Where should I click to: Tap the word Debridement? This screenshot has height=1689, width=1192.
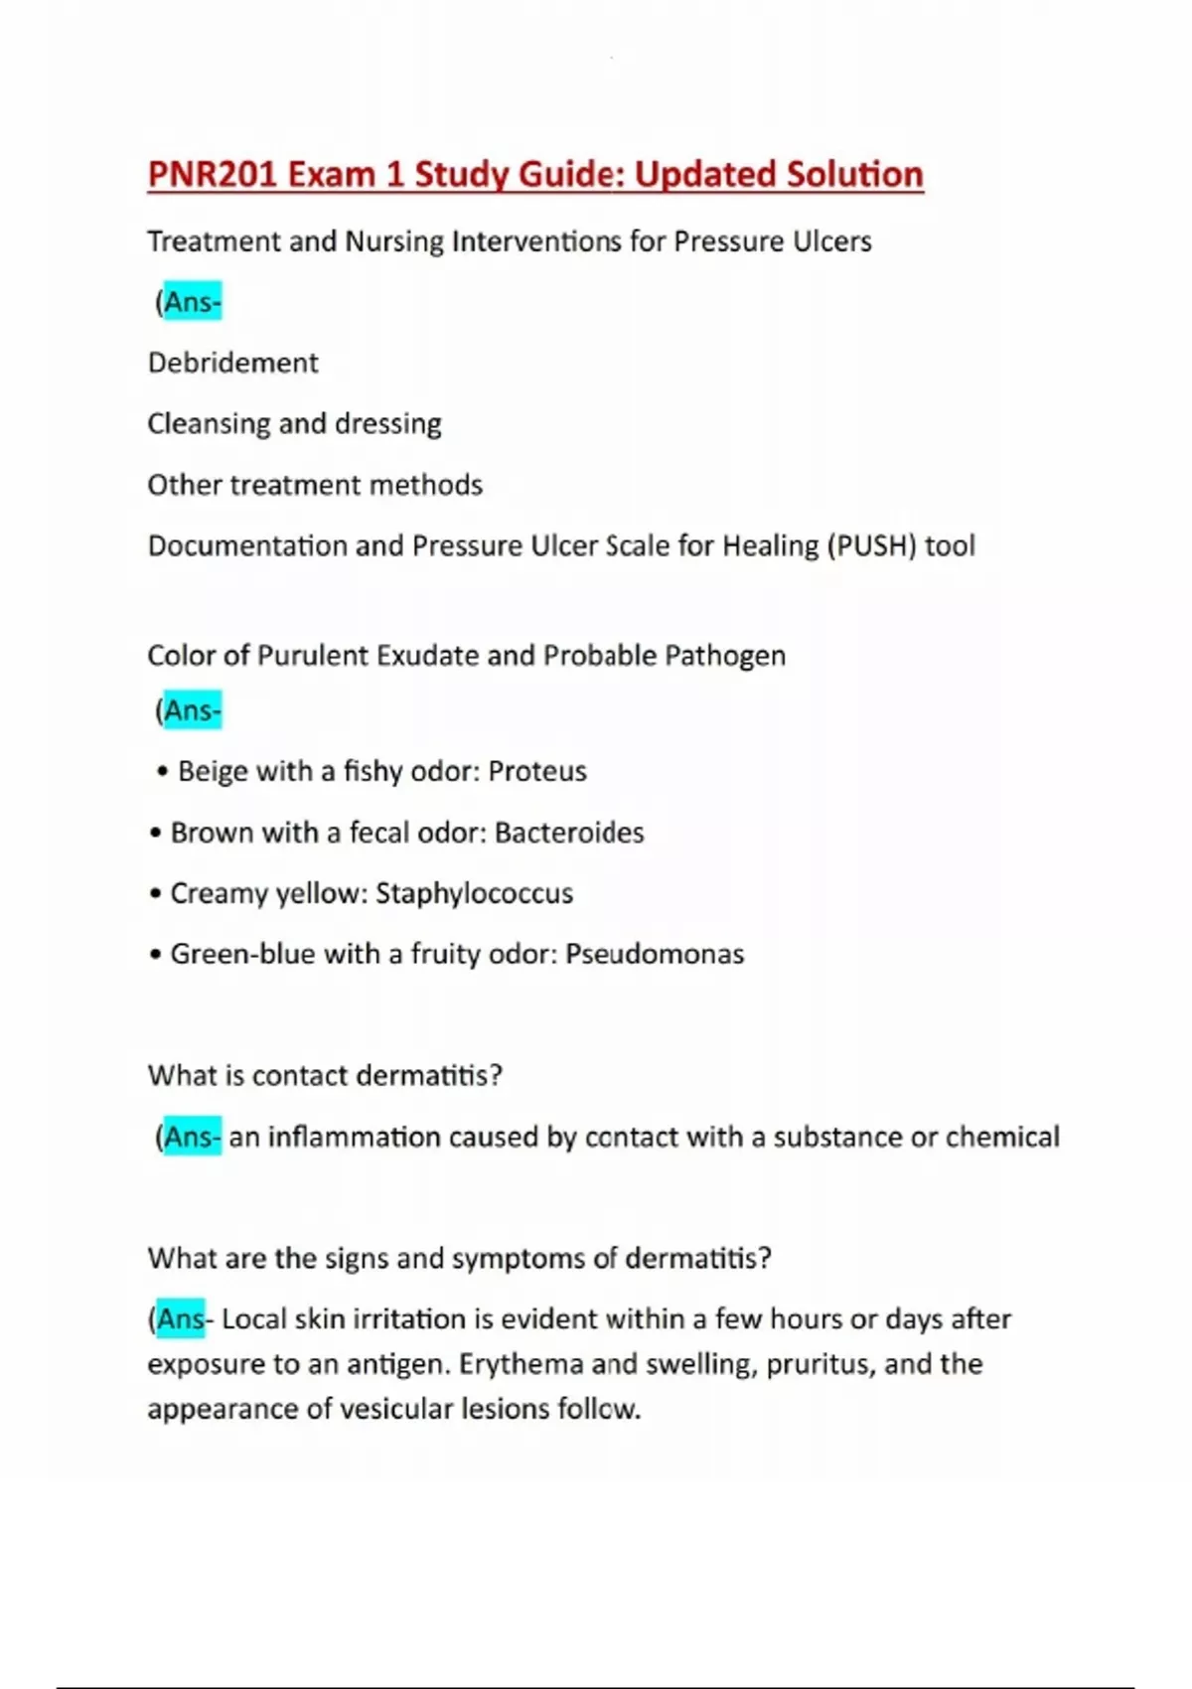click(x=232, y=363)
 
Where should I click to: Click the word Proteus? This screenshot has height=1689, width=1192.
click(x=537, y=771)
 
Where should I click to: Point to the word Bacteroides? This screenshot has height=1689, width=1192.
click(x=569, y=833)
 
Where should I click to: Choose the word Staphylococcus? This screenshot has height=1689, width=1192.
click(x=474, y=893)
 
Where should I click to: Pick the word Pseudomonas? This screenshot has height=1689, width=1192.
click(x=655, y=954)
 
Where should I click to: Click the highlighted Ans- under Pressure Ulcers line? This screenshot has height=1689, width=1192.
click(x=193, y=302)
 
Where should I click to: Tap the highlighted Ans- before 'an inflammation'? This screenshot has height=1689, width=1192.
click(x=193, y=1137)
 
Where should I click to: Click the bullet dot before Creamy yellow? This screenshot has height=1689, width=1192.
click(x=155, y=894)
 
